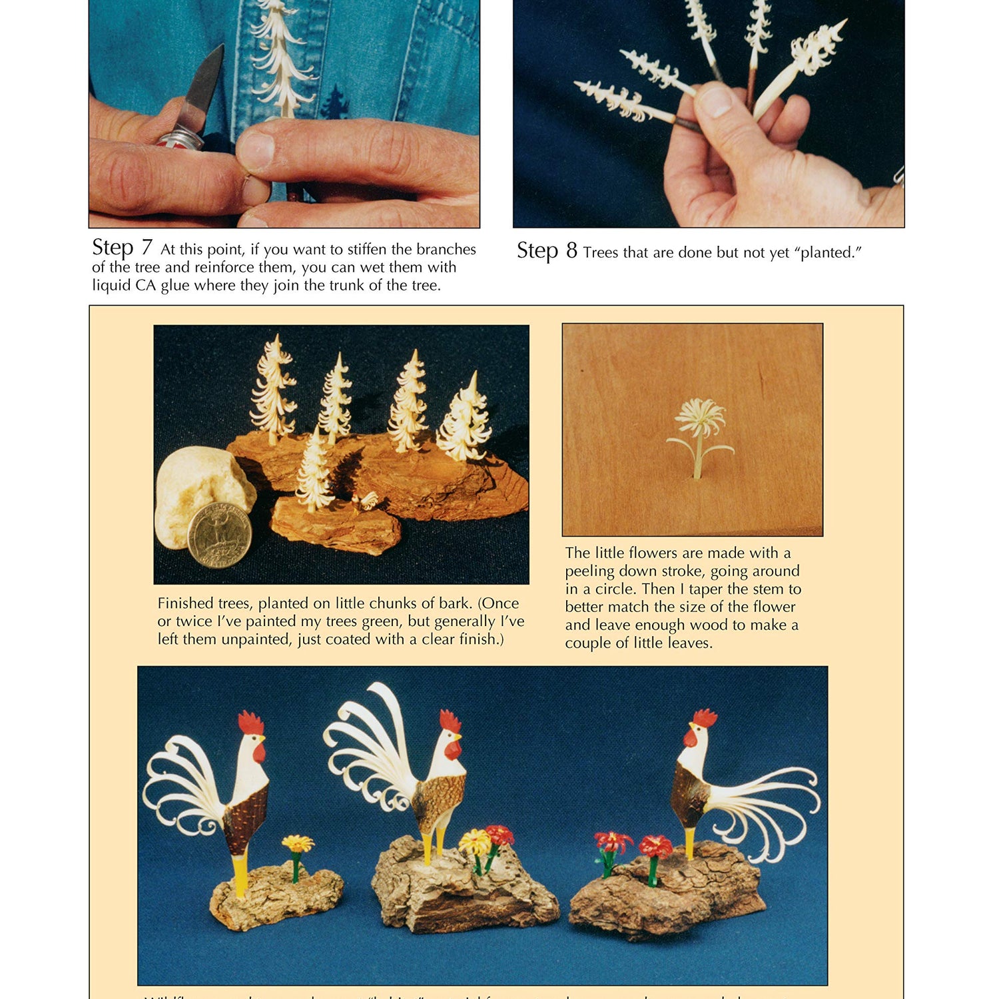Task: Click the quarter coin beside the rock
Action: click(219, 537)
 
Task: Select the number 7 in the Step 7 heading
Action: click(147, 248)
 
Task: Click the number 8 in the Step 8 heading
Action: click(571, 251)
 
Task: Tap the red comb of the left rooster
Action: click(251, 723)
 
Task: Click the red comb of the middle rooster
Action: click(450, 721)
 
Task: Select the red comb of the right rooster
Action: click(704, 718)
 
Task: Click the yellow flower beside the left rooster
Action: click(297, 844)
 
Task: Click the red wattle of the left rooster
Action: click(259, 753)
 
